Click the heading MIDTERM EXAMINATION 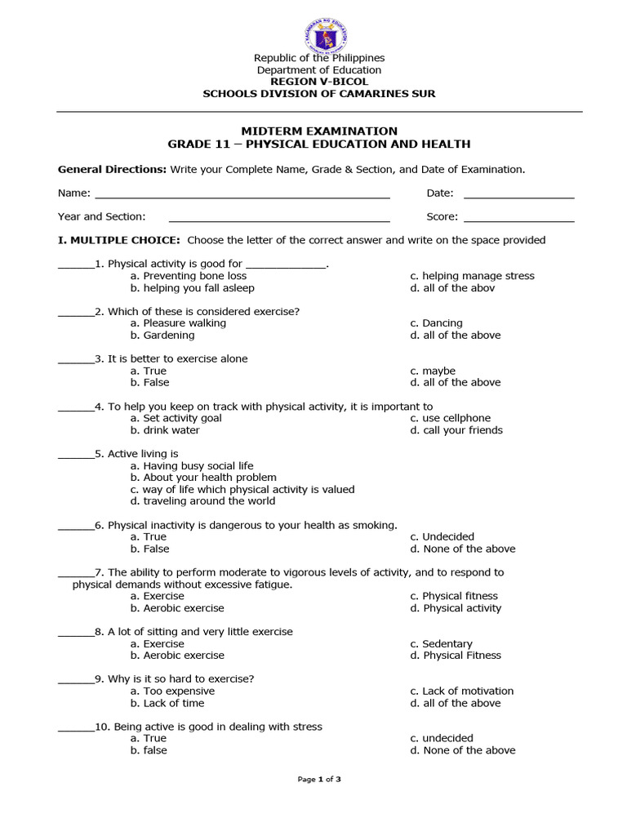(x=319, y=131)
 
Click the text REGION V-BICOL (x=319, y=82)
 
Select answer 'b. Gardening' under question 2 (x=162, y=335)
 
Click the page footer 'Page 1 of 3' (x=319, y=779)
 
